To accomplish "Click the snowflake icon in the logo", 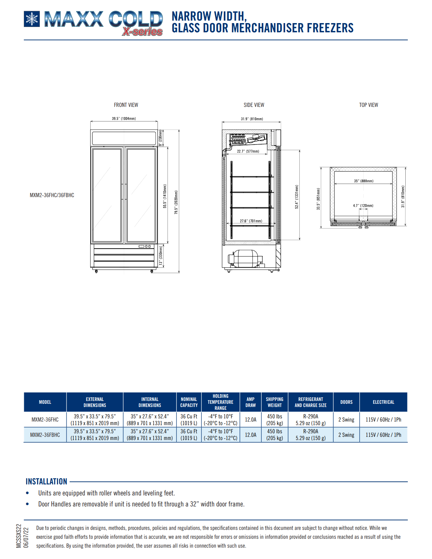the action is [32, 19].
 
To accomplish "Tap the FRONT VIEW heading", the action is [126, 105].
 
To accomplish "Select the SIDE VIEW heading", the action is [254, 105].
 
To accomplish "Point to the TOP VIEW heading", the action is [368, 105].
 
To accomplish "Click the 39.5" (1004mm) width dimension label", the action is [124, 119].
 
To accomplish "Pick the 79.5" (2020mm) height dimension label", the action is [176, 202].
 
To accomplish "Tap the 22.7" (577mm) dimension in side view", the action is [248, 151].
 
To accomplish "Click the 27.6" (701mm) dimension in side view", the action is [251, 221].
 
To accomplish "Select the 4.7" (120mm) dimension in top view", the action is [363, 206].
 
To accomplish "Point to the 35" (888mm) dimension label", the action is [363, 181].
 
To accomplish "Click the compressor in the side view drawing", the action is [245, 259].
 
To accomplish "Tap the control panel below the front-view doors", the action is [145, 246].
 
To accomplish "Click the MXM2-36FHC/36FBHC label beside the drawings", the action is [52, 195].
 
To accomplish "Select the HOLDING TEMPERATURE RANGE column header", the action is [220, 402].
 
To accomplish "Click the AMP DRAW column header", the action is [251, 402].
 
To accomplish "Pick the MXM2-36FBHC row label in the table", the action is [45, 435].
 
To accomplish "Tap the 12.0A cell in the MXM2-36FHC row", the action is [251, 419].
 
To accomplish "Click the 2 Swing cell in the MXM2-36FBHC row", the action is [346, 435].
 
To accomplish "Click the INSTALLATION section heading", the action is [46, 482].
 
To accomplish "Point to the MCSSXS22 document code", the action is [18, 536].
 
